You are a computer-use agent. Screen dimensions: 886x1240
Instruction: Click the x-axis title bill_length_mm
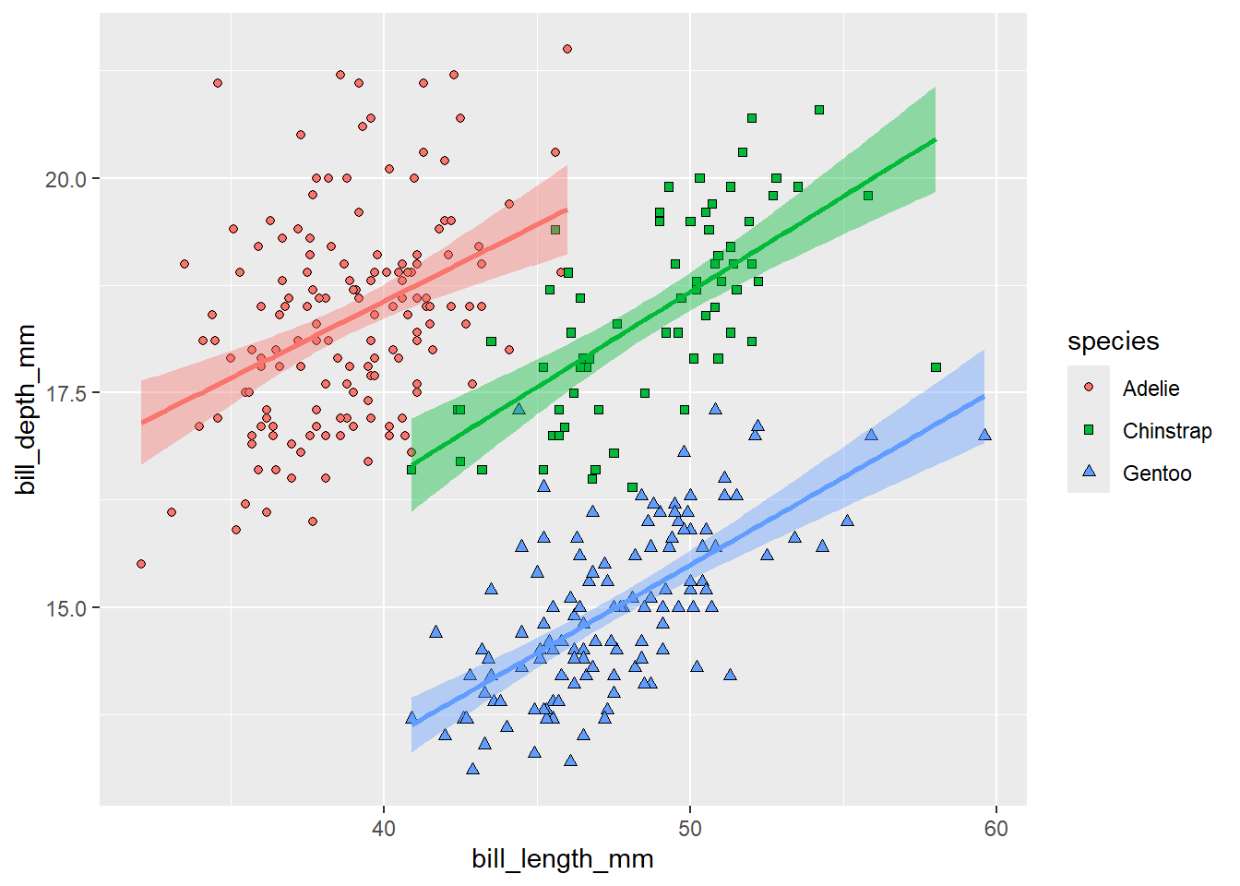[562, 859]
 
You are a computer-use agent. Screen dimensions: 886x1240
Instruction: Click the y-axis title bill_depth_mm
[26, 409]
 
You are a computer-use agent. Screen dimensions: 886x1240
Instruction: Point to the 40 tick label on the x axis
[383, 829]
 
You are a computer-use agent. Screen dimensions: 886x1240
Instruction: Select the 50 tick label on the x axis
[689, 829]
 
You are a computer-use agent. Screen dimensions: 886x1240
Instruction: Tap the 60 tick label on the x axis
[996, 829]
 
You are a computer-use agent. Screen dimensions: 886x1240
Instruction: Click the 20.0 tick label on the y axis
[66, 179]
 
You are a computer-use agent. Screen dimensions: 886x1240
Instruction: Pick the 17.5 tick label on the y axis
[66, 394]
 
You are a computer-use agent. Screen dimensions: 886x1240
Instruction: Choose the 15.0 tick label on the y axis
[66, 608]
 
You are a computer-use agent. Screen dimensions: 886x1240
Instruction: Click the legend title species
[1113, 341]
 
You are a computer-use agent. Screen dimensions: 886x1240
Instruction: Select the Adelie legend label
[1151, 389]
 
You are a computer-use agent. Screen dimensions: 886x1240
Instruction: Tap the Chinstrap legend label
[1166, 431]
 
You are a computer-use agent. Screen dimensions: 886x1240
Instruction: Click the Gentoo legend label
[1156, 473]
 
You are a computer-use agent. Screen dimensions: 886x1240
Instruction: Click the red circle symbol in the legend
[1089, 388]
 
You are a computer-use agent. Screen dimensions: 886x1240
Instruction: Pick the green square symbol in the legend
[1089, 430]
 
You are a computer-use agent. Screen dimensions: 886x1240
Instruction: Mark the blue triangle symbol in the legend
[1089, 472]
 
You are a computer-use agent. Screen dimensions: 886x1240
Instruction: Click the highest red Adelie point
[567, 49]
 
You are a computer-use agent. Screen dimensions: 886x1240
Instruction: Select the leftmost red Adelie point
[141, 564]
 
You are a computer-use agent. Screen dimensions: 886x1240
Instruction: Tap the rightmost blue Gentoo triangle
[984, 435]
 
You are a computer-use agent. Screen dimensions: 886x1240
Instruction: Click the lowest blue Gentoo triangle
[472, 769]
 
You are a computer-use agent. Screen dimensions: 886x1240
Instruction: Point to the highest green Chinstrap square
[818, 110]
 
